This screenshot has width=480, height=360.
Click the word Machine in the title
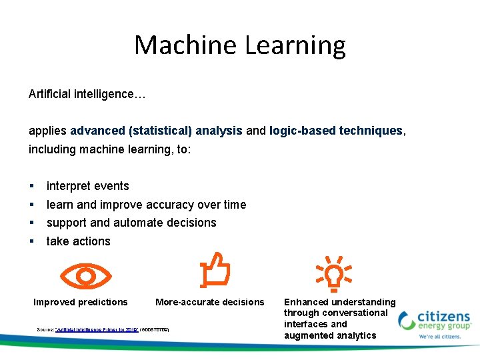[186, 45]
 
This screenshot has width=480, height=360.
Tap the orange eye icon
[85, 275]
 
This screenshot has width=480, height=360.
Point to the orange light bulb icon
[333, 274]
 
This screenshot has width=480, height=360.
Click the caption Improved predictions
[81, 302]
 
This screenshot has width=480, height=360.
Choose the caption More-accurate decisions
[209, 302]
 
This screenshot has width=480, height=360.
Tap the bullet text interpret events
[87, 186]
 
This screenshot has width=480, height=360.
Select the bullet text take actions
[78, 241]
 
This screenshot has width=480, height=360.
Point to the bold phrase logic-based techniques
[336, 131]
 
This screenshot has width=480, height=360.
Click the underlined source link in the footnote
[97, 329]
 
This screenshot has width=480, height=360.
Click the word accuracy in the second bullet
[169, 205]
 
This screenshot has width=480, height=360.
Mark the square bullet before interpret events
[31, 186]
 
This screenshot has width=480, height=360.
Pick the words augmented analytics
[330, 335]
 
